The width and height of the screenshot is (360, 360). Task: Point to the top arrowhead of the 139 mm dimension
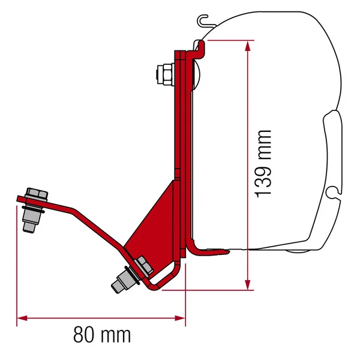tap(247, 44)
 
